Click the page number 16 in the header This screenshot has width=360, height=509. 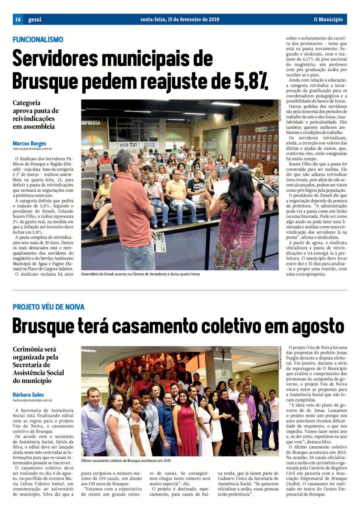[18, 20]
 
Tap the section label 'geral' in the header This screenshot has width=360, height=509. [35, 20]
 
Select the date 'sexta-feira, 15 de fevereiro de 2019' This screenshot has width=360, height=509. [180, 20]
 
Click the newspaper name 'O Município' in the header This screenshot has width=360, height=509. [328, 20]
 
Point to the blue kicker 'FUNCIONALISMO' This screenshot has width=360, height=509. [38, 39]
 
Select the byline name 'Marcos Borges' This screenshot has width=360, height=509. [29, 143]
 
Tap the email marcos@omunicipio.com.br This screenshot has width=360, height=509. [32, 149]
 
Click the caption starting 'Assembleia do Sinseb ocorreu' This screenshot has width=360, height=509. [140, 274]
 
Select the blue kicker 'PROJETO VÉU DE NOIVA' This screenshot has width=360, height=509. [48, 307]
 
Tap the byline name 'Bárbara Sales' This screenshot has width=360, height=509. [28, 394]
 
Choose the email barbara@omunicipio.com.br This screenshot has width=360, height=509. [33, 400]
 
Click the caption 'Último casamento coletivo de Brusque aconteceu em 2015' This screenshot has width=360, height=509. [126, 460]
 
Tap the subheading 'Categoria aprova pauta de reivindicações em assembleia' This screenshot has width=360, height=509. [36, 115]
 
